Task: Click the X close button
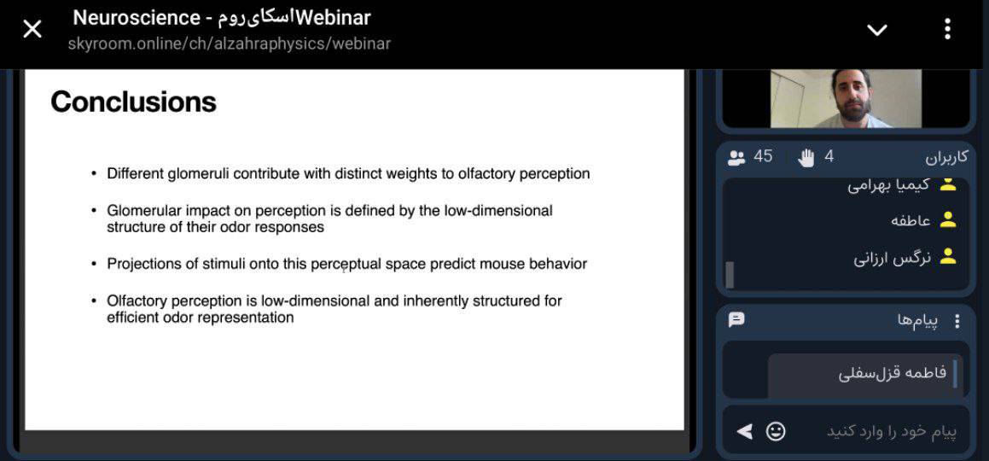click(x=32, y=28)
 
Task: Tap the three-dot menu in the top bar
click(x=947, y=29)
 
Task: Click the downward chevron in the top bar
click(x=877, y=30)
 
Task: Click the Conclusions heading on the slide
click(x=134, y=102)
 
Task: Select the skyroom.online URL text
click(x=230, y=44)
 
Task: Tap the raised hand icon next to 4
click(x=806, y=157)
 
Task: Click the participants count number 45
click(x=763, y=156)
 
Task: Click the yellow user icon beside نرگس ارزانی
click(x=947, y=257)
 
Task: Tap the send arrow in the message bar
click(x=745, y=431)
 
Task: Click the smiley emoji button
click(x=776, y=431)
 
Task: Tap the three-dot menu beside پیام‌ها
click(x=957, y=322)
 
